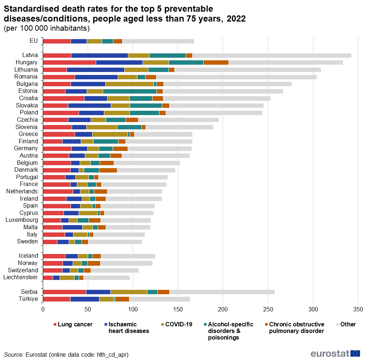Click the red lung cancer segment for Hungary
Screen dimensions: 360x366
(69, 62)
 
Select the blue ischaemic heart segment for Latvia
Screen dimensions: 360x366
(99, 55)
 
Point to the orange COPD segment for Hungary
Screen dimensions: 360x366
(216, 62)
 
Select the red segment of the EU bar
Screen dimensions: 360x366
(57, 41)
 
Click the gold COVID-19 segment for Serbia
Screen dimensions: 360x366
(129, 292)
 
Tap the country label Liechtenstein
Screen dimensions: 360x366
(20, 277)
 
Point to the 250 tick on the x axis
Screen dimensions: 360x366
(268, 309)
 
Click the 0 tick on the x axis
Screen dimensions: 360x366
(43, 309)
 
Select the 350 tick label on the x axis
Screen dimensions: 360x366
(358, 309)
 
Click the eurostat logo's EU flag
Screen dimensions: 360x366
(355, 353)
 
